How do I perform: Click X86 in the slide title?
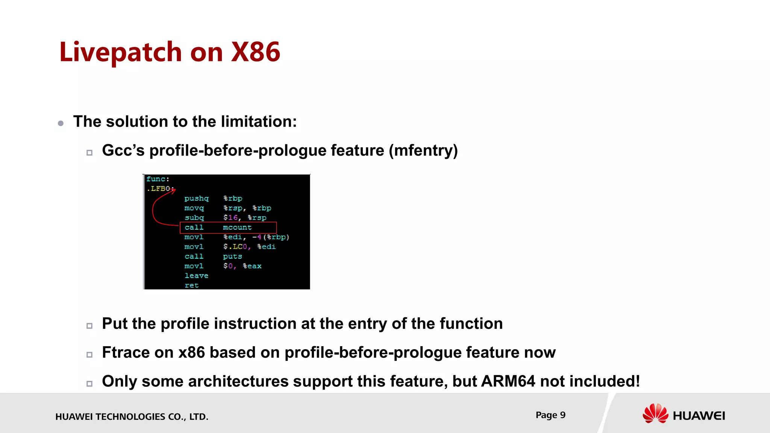point(255,52)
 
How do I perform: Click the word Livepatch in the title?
point(120,52)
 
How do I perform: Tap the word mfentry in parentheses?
point(423,151)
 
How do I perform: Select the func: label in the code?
point(158,179)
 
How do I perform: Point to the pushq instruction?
point(196,198)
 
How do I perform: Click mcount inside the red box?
point(237,227)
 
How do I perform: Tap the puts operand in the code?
point(232,256)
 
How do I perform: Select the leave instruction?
point(196,276)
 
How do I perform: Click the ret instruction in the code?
point(191,285)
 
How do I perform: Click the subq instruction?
point(194,218)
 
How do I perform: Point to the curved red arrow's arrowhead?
point(173,191)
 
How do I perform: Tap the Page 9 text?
point(550,415)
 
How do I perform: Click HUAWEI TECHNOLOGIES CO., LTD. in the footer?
point(132,416)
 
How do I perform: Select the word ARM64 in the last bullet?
point(508,382)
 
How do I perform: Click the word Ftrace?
point(126,353)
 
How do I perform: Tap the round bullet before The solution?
point(61,123)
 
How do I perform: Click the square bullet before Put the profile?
point(89,326)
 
